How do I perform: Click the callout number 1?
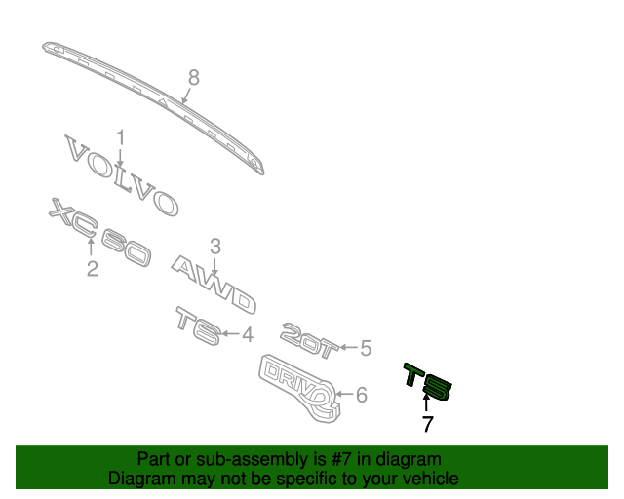(x=121, y=136)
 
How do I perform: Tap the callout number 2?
(x=92, y=268)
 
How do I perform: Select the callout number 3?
(x=215, y=247)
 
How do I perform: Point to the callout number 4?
(x=248, y=334)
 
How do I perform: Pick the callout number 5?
(x=366, y=347)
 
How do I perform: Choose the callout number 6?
(x=361, y=395)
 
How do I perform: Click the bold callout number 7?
(x=427, y=424)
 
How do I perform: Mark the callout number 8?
(x=193, y=77)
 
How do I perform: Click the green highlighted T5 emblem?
(x=429, y=383)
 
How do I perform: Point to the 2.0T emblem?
(x=308, y=336)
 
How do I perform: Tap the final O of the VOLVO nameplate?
(x=163, y=202)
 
